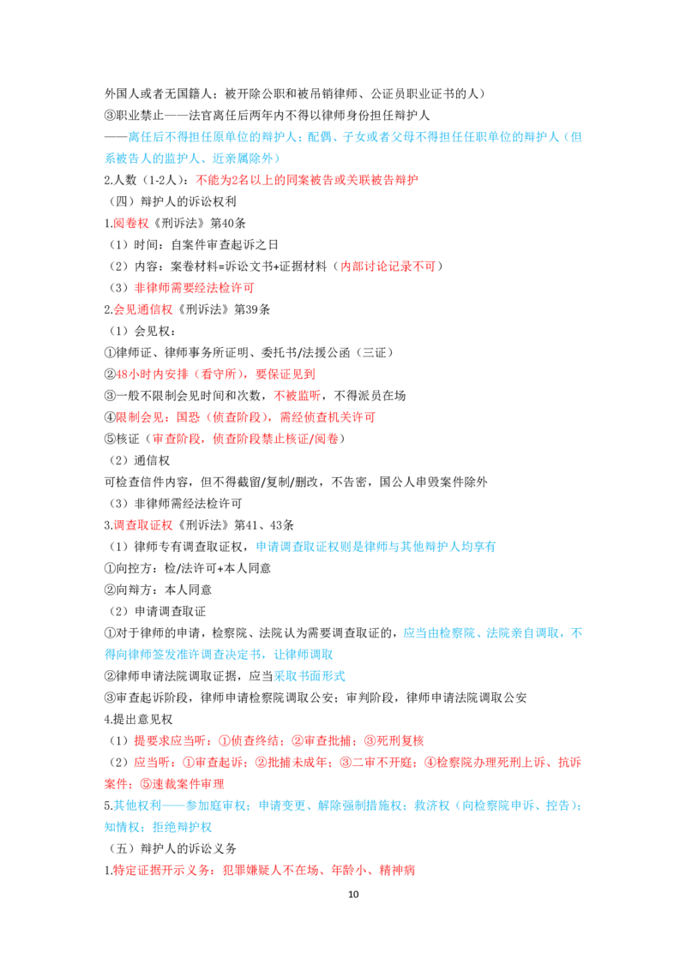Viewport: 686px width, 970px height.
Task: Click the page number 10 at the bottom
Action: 353,894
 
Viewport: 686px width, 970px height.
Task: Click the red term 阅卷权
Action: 131,224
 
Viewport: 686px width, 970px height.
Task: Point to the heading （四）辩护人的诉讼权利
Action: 171,201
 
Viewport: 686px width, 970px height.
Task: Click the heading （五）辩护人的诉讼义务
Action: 171,848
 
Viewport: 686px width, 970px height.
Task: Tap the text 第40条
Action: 228,224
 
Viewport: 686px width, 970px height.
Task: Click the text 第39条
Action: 252,309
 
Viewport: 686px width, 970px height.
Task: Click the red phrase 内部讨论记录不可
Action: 388,266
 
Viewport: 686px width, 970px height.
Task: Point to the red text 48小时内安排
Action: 153,374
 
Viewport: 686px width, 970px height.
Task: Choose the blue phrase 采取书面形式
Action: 310,676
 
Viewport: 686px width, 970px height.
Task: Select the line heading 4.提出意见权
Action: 139,720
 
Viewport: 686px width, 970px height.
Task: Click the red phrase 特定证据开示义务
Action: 161,871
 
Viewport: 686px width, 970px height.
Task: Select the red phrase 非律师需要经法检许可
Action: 195,288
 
